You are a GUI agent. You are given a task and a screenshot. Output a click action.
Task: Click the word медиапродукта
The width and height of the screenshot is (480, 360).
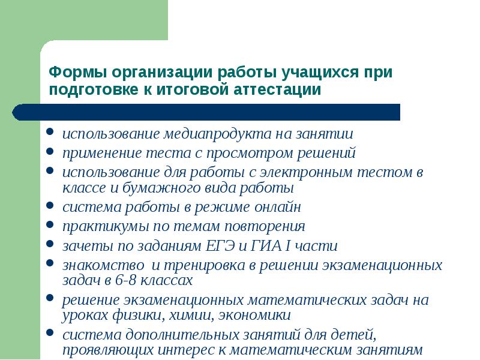pyautogui.click(x=217, y=134)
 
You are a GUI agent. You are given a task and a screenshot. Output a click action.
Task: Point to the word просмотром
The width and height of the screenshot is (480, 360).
pyautogui.click(x=249, y=154)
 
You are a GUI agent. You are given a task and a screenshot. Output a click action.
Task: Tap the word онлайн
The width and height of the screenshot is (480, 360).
pyautogui.click(x=278, y=207)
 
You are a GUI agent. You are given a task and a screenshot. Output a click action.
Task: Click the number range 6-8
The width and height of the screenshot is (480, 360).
pyautogui.click(x=125, y=280)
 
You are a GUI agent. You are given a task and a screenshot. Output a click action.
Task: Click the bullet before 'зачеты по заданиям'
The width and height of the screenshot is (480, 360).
pyautogui.click(x=50, y=244)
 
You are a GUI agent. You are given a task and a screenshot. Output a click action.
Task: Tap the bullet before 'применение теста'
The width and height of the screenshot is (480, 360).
pyautogui.click(x=50, y=151)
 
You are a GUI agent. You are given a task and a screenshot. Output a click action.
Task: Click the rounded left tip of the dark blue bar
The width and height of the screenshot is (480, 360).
pyautogui.click(x=13, y=112)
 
